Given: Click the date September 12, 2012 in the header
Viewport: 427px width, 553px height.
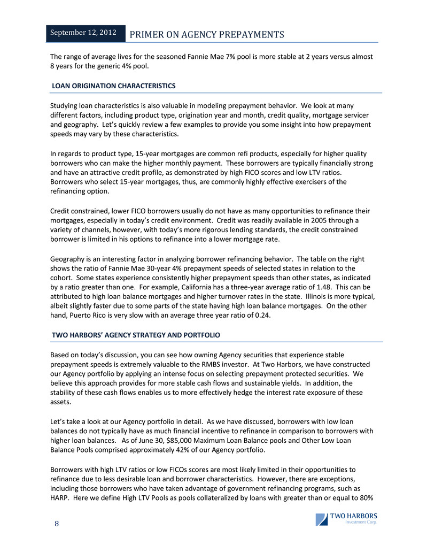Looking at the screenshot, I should coord(83,33).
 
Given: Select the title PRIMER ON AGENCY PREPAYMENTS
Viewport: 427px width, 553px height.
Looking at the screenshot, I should coord(207,35).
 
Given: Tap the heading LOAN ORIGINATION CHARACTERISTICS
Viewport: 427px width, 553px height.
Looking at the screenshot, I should coord(113,86).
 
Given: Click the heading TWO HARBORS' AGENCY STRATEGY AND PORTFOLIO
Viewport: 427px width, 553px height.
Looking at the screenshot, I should coord(136,335).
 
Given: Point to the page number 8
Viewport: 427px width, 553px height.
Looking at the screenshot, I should coord(56,524).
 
